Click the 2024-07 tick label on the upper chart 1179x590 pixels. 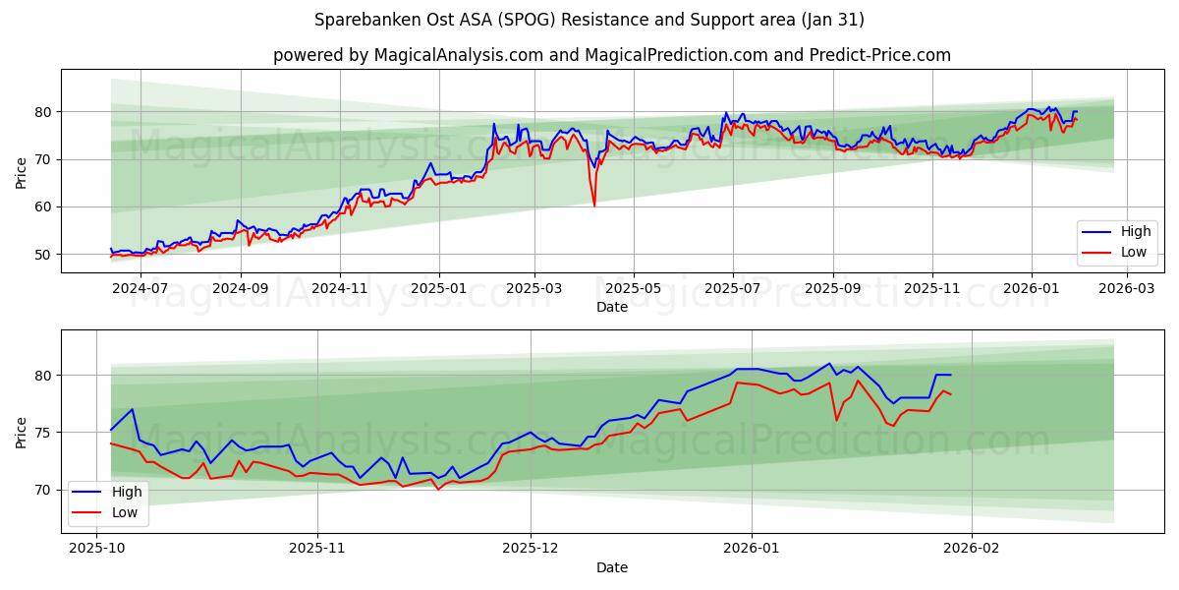140,288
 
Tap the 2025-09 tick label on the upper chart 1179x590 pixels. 833,288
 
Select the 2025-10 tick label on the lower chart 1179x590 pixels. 96,549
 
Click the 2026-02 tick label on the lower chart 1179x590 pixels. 971,549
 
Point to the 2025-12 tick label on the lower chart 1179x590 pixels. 531,549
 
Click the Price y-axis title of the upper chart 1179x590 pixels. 22,173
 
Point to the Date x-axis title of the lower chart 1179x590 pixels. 612,567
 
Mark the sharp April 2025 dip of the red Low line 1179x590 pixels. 594,205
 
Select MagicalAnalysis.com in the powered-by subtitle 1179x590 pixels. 459,55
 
